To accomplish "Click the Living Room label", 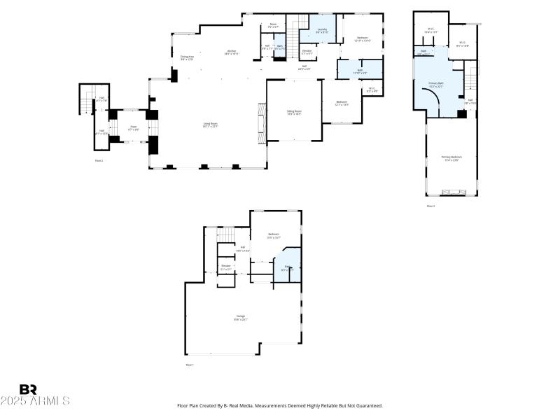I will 211,125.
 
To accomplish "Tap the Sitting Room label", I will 294,112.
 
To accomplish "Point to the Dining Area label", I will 187,57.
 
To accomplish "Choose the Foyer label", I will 133,128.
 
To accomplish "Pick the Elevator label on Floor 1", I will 226,267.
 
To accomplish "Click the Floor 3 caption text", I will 431,206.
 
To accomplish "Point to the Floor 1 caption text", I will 190,365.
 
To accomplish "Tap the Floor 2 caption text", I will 99,160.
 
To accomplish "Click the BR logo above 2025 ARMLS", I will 28,389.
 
